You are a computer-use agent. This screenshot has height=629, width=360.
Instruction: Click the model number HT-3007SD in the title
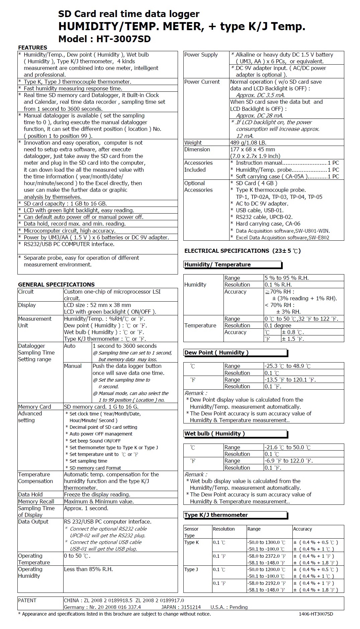tap(123, 39)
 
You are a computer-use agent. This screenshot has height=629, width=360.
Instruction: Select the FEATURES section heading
tap(32, 48)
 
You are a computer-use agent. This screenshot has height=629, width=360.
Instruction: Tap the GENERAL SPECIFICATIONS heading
tap(56, 285)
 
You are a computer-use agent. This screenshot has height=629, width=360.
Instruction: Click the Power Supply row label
tap(201, 55)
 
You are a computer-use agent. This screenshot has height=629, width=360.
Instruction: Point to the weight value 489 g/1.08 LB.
tap(248, 143)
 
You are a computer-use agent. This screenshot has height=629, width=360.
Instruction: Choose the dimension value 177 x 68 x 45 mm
tap(253, 149)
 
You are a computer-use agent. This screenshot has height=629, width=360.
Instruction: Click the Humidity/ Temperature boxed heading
tap(217, 264)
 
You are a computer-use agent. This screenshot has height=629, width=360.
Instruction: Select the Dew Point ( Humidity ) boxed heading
tap(216, 352)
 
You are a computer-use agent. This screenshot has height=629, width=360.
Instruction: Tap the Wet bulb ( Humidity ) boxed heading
tap(214, 434)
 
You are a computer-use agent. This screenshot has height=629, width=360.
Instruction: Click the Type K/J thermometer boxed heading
tap(216, 515)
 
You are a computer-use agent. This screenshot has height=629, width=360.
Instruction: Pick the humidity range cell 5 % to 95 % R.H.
tap(286, 278)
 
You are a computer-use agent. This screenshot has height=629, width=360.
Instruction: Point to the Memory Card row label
tap(34, 407)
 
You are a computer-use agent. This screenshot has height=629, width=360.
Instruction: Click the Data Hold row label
tap(30, 494)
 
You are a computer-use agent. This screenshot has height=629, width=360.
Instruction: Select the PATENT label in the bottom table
tap(27, 600)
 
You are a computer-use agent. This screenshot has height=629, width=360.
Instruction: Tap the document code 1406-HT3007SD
tap(316, 614)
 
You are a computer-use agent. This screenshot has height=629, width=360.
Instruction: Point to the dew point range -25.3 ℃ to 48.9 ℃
tap(287, 366)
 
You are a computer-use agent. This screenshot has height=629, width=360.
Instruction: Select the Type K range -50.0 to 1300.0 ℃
tap(266, 542)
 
